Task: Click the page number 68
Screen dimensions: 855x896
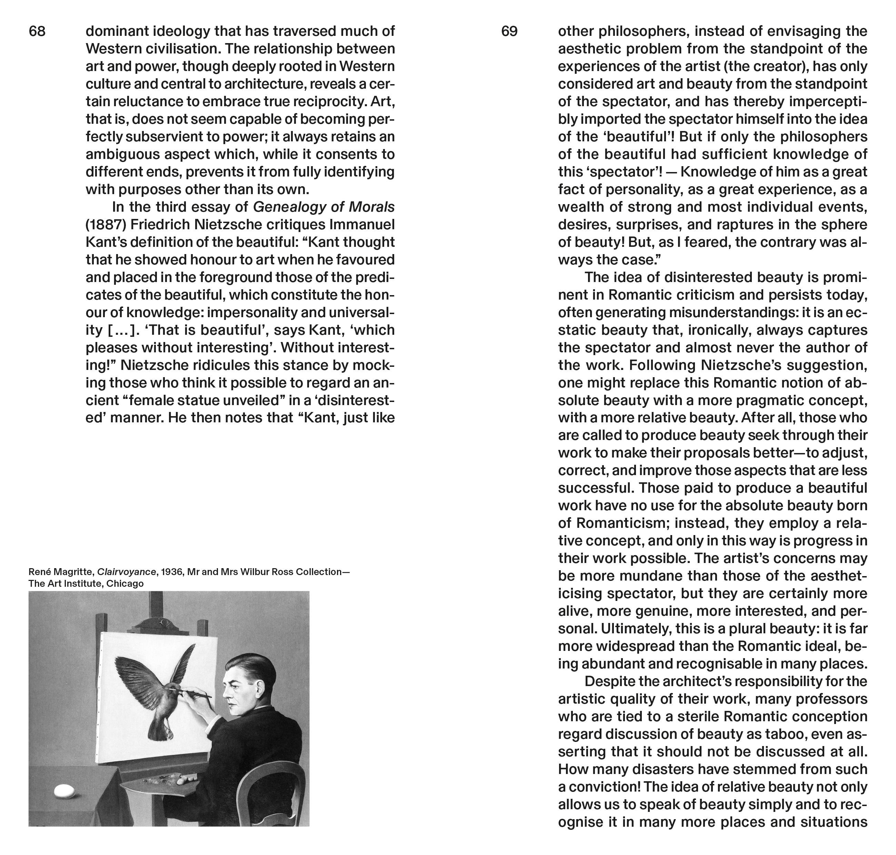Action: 37,31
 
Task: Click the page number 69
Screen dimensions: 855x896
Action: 509,31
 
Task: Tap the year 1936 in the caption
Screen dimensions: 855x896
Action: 171,572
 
